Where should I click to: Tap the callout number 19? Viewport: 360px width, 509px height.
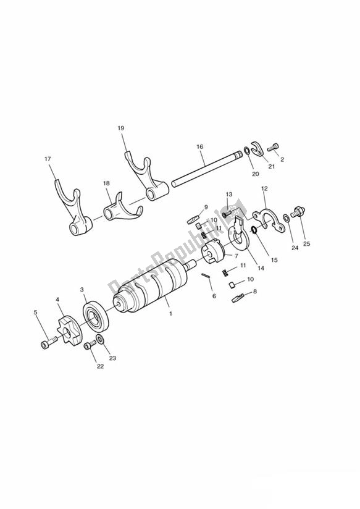[x=121, y=128]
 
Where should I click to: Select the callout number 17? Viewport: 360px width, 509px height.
[x=47, y=159]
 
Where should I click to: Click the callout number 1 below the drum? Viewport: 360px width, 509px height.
[x=170, y=313]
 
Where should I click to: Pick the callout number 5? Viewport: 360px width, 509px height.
[x=35, y=313]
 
